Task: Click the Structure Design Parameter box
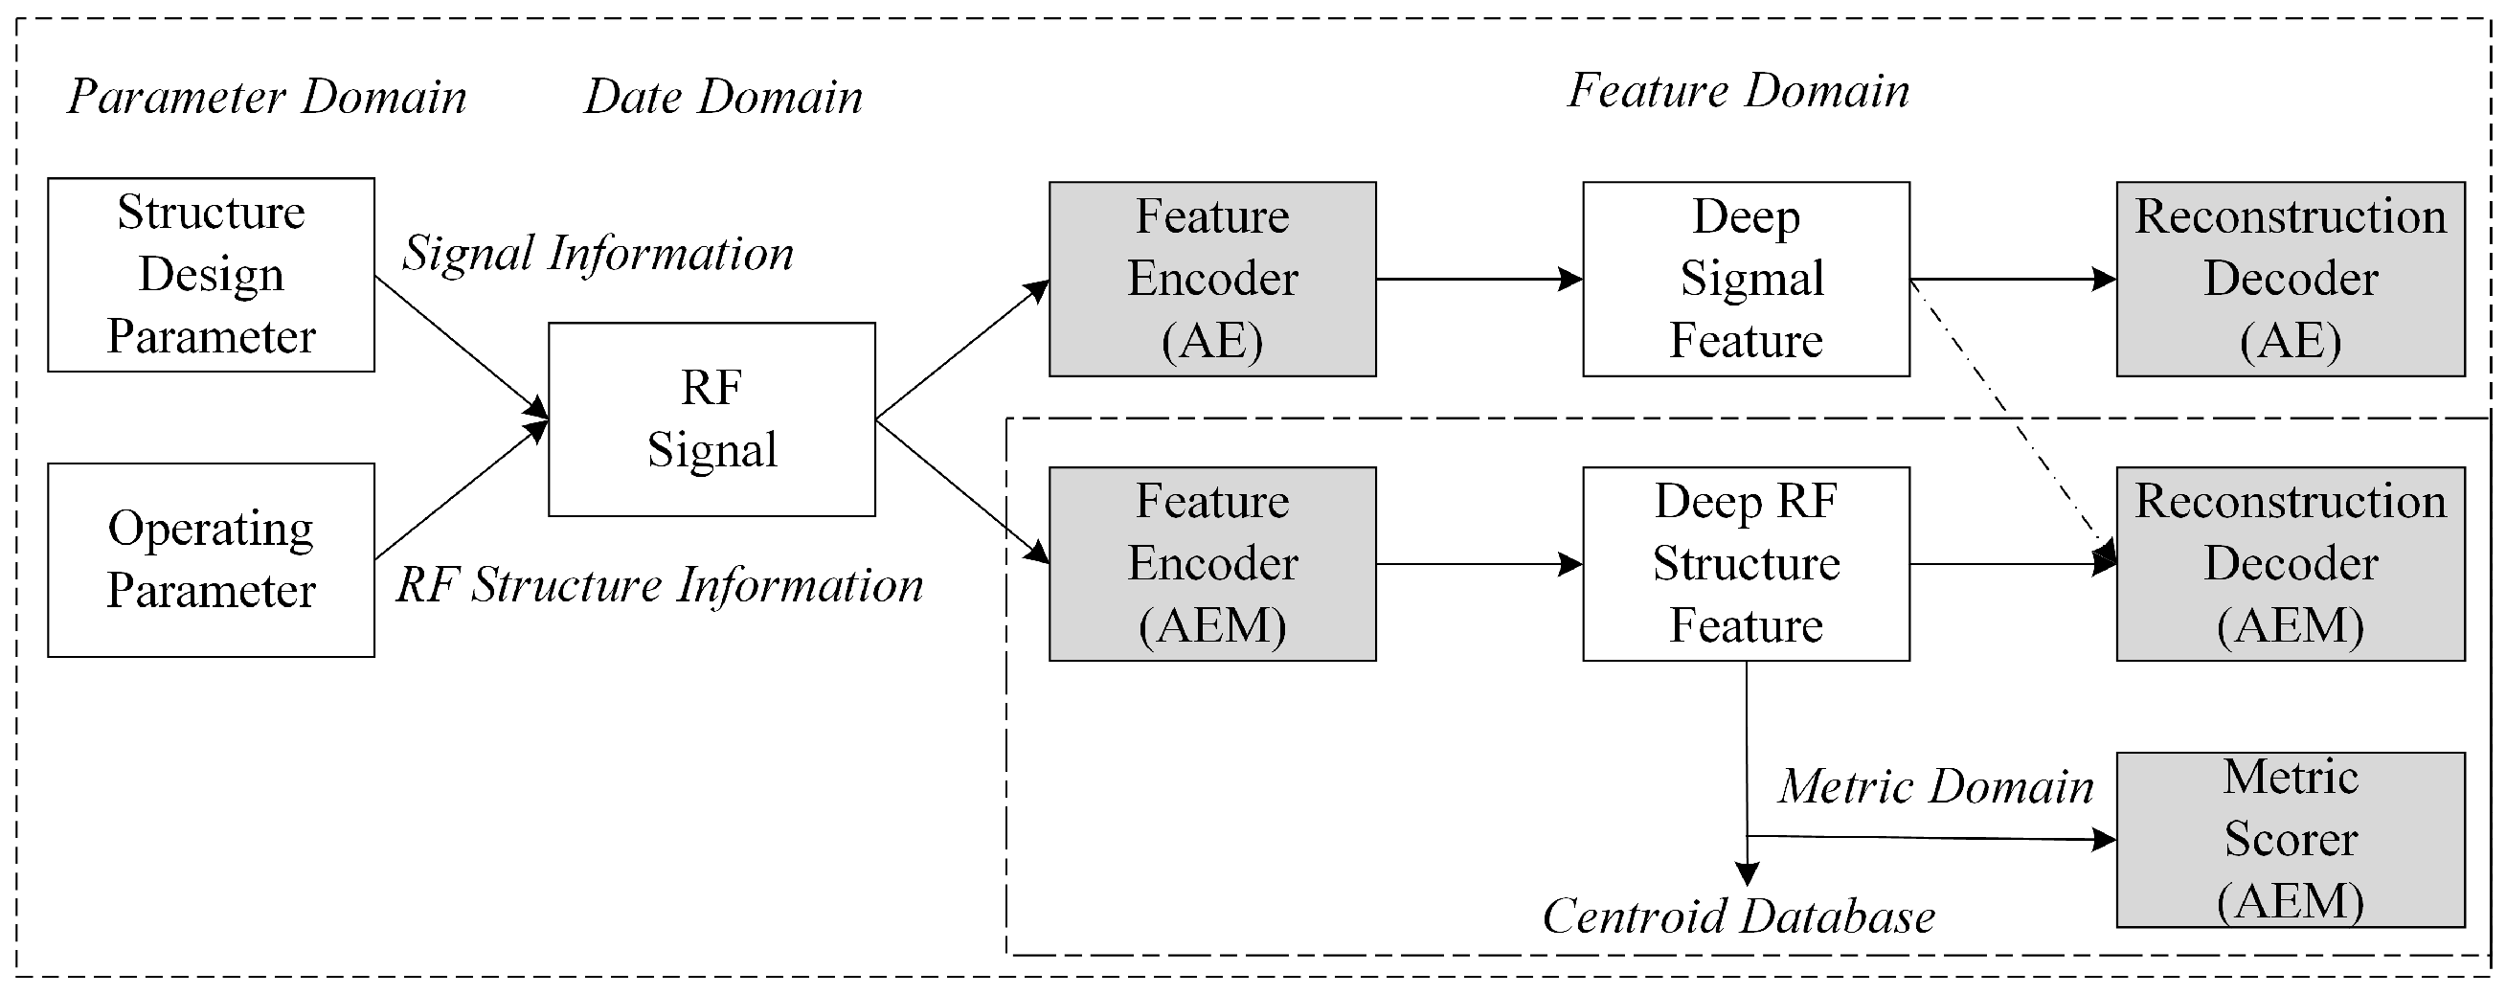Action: tap(211, 274)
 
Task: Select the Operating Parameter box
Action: tap(211, 559)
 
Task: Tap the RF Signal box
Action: tap(711, 418)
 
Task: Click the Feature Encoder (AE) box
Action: tap(1211, 278)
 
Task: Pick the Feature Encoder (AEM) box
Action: tap(1211, 563)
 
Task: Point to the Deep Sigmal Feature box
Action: tap(1746, 278)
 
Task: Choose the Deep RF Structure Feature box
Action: tap(1746, 563)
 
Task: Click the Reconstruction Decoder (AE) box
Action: tap(2290, 278)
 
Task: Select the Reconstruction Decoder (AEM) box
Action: tap(2290, 563)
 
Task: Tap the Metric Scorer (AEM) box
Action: tap(2290, 838)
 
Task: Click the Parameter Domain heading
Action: tap(266, 98)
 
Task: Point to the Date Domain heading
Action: tap(723, 98)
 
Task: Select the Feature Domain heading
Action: tap(1738, 91)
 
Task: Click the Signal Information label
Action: tap(598, 254)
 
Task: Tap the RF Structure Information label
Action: tap(659, 585)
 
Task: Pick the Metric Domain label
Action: tap(1936, 786)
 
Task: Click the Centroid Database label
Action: tap(1738, 916)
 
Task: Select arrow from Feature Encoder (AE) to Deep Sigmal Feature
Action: tap(1479, 279)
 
